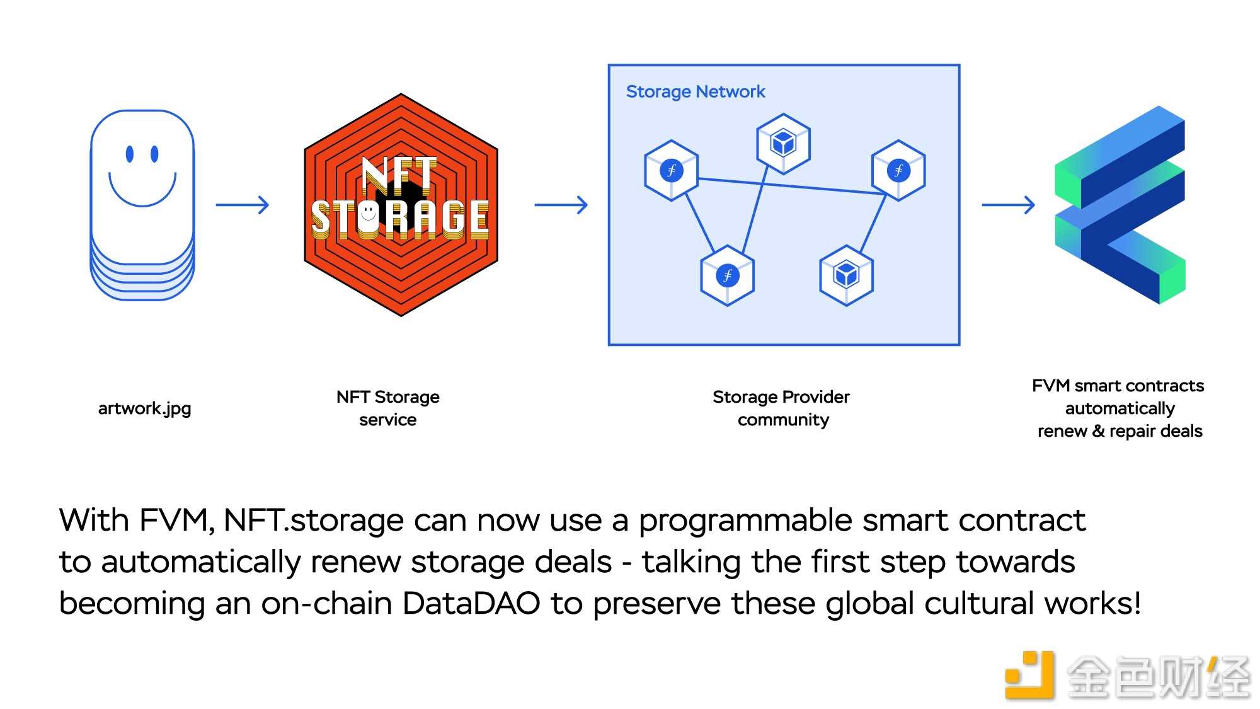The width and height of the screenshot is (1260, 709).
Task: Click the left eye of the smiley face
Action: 130,154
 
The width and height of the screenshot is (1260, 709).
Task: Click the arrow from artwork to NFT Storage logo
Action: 243,205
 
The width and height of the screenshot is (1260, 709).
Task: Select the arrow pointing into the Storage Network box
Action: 561,205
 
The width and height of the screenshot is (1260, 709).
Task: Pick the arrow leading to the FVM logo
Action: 1009,205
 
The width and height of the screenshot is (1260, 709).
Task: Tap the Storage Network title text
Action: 696,92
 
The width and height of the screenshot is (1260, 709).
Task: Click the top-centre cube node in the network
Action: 783,144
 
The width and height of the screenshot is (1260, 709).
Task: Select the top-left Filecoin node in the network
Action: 672,170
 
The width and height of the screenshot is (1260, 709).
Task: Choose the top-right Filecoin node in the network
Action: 898,170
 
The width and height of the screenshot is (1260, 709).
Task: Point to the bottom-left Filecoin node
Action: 728,275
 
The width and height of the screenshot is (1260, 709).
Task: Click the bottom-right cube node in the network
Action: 846,275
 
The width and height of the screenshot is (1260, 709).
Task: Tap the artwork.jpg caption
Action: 144,409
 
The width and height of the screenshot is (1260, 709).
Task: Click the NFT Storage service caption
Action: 388,408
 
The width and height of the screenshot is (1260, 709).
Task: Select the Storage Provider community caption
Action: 782,408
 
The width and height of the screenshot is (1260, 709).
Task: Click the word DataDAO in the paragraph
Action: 471,603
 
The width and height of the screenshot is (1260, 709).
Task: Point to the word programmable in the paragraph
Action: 745,521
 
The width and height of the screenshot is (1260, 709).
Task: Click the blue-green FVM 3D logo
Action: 1120,205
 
